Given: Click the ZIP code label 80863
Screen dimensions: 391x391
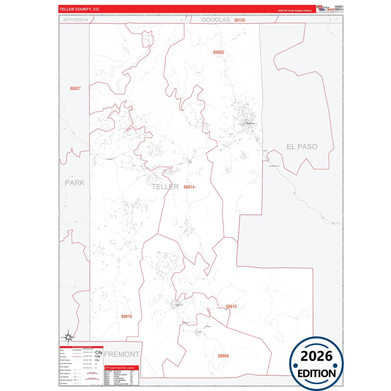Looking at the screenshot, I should click(x=218, y=52).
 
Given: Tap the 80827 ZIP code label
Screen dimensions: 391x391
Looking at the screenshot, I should click(x=75, y=88).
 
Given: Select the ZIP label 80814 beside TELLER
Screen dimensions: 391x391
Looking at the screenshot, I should click(x=189, y=187).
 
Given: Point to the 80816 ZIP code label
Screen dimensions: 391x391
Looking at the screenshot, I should click(x=126, y=316).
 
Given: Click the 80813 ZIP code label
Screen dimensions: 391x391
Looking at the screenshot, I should click(x=231, y=306).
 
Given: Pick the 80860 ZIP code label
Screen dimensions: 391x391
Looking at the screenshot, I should click(x=223, y=356).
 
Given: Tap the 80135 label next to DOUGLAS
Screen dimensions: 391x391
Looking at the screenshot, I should click(x=240, y=20).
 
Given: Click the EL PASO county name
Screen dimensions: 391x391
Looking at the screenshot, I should click(x=302, y=147).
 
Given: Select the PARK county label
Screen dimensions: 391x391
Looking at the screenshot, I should click(x=75, y=183).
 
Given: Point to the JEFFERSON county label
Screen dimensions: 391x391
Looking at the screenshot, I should click(x=75, y=20).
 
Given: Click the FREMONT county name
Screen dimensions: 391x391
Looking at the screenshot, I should click(x=122, y=354).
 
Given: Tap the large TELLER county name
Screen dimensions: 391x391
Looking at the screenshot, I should click(x=165, y=187).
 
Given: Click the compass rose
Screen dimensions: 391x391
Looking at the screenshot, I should click(x=68, y=337).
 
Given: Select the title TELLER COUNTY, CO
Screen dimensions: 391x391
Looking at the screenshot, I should click(x=79, y=9).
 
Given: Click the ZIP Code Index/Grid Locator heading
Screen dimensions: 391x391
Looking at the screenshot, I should click(x=119, y=368).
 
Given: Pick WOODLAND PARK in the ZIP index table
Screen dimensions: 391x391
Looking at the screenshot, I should click(x=121, y=384).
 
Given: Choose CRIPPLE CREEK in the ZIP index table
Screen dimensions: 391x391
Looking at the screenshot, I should click(x=120, y=375).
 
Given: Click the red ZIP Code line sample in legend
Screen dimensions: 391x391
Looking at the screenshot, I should click(x=77, y=357).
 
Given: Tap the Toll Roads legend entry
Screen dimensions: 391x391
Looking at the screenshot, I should click(x=63, y=383).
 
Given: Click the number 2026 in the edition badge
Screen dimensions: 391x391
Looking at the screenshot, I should click(x=316, y=356).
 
